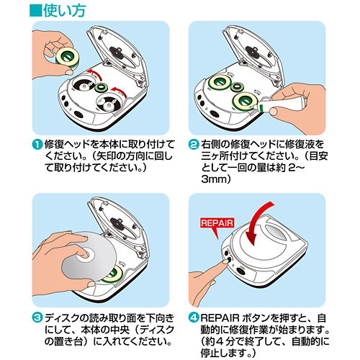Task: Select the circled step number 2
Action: tap(193, 143)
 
